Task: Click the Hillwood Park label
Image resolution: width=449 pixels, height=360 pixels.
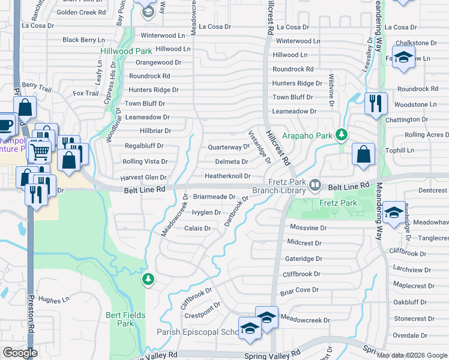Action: [127, 52]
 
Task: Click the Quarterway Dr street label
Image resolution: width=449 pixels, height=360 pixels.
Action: [228, 147]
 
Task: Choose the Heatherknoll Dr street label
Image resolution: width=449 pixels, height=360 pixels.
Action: [228, 176]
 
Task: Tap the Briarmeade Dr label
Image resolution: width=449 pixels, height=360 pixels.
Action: [214, 197]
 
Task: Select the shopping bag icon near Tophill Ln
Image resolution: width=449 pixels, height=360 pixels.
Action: [363, 154]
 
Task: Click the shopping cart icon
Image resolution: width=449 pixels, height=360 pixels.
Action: [40, 152]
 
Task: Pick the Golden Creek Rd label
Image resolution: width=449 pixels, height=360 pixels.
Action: [81, 12]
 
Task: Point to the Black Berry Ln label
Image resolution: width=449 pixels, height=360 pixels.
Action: [83, 40]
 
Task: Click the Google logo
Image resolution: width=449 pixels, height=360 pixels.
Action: [19, 353]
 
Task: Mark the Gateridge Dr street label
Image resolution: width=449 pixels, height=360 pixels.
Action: [304, 259]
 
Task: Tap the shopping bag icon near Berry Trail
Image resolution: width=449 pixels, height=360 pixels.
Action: [25, 109]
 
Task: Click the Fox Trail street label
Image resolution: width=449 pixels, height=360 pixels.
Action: [85, 94]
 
